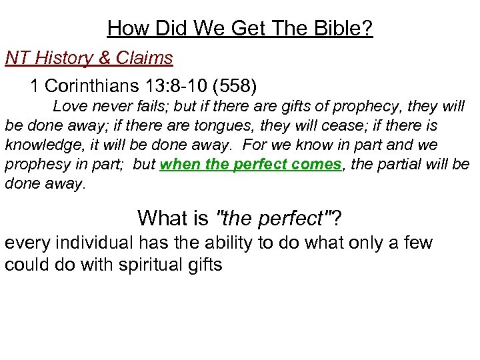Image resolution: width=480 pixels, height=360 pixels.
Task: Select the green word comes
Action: click(x=315, y=165)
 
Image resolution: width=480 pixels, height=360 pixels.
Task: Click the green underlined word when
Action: click(x=179, y=165)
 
